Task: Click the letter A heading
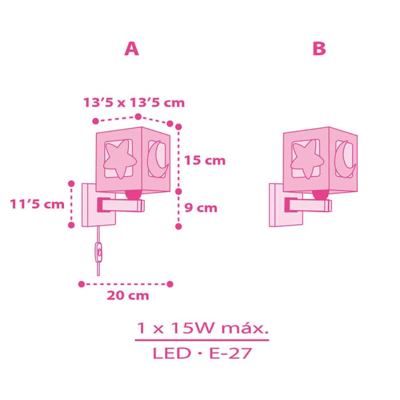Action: tap(132, 49)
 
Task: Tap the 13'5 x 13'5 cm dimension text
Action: tap(134, 103)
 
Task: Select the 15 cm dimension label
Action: tap(205, 160)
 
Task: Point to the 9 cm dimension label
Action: tap(201, 208)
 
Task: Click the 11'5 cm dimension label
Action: tap(37, 204)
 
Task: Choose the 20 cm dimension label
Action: tap(128, 296)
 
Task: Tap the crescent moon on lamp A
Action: tap(158, 159)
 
